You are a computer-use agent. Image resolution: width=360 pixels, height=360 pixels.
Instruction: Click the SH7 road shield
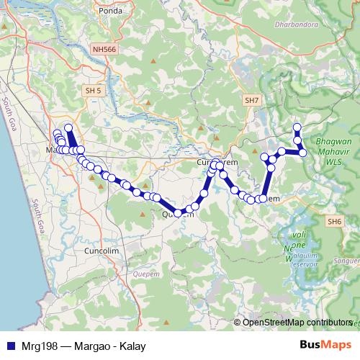pyautogui.click(x=252, y=100)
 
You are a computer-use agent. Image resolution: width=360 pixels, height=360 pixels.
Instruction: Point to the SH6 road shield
pyautogui.click(x=334, y=221)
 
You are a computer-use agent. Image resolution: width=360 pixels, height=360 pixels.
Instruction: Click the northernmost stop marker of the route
pyautogui.click(x=297, y=127)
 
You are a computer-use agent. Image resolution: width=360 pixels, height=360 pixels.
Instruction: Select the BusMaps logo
pyautogui.click(x=327, y=346)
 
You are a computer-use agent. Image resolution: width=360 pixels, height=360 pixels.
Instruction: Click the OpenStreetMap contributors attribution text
pyautogui.click(x=297, y=322)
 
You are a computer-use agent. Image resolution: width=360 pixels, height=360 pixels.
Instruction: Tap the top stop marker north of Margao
pyautogui.click(x=68, y=128)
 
